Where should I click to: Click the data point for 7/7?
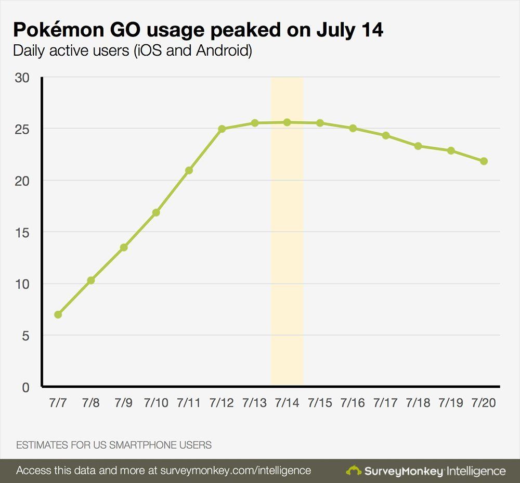click(x=58, y=314)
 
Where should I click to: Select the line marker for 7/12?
click(x=222, y=129)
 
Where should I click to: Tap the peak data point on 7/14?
click(x=287, y=122)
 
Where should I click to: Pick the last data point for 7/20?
click(x=484, y=161)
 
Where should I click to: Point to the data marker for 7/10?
click(x=156, y=212)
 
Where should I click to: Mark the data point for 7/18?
click(x=418, y=146)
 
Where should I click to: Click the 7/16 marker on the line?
click(x=353, y=128)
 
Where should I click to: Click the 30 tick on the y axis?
click(x=22, y=78)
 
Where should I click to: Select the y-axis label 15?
click(x=22, y=232)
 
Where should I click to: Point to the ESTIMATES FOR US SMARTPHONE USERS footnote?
click(x=114, y=445)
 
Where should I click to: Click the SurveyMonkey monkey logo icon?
click(x=354, y=471)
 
